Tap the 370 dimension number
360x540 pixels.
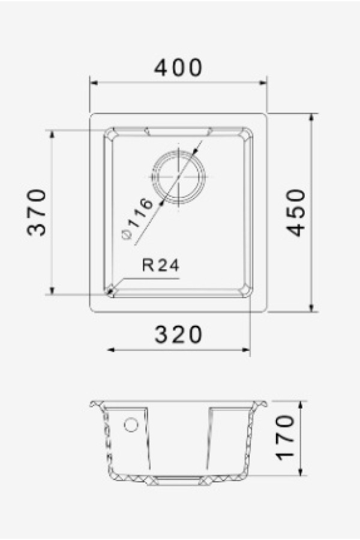pos(37,212)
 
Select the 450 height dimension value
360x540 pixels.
pos(296,212)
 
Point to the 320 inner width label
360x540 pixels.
pos(178,334)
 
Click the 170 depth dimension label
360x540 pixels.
pos(286,437)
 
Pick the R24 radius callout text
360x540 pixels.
pos(161,266)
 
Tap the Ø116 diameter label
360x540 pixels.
pos(137,218)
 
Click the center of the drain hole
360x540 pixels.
pos(178,176)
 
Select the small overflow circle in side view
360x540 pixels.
pos(131,425)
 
